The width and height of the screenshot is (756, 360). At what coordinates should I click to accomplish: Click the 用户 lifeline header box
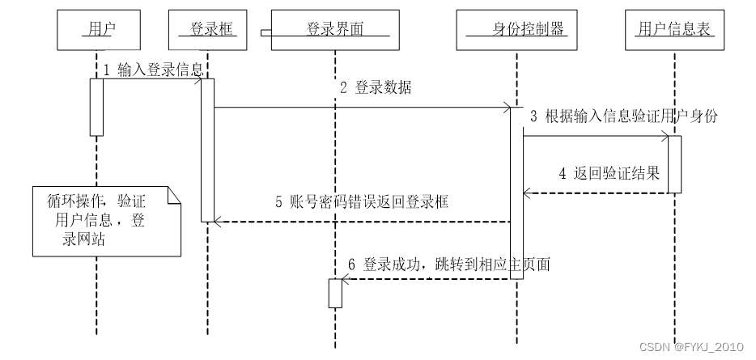pos(96,30)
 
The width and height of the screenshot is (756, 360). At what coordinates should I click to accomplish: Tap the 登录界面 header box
pos(335,30)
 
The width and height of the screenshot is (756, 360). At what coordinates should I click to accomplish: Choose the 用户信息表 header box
pos(674,30)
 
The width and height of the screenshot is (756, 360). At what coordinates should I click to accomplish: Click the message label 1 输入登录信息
pos(152,70)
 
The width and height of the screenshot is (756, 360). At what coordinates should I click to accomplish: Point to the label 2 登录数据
pos(375,89)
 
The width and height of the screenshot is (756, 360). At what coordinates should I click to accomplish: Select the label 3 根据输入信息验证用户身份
pos(623,116)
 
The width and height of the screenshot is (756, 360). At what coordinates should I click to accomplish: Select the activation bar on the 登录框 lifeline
pos(207,150)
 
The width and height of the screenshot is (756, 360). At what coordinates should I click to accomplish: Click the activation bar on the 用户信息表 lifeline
pos(674,164)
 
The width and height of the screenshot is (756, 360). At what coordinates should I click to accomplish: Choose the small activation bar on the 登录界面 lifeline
pos(335,293)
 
